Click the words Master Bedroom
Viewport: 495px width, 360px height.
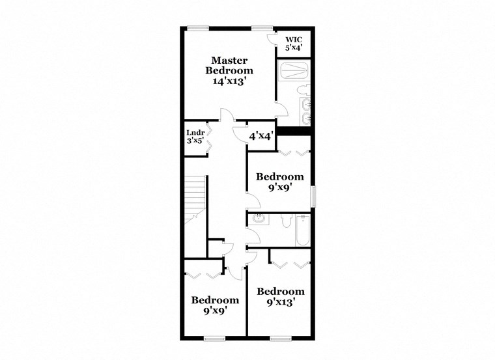click(229, 65)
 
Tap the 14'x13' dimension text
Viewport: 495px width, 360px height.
click(229, 81)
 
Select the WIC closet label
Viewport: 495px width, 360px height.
click(292, 40)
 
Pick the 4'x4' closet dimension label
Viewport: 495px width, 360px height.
click(261, 136)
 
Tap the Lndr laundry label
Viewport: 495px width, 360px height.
click(195, 133)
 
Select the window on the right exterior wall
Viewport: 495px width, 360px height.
click(313, 197)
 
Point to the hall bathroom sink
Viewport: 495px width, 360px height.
click(259, 219)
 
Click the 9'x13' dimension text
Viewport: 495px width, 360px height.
click(280, 301)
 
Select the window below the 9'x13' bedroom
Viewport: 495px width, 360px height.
click(280, 339)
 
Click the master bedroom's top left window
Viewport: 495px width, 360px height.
click(198, 27)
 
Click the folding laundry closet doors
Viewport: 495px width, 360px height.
click(209, 138)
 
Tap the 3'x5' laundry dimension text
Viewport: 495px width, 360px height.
click(195, 141)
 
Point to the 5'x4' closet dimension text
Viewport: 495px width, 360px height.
click(292, 48)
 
